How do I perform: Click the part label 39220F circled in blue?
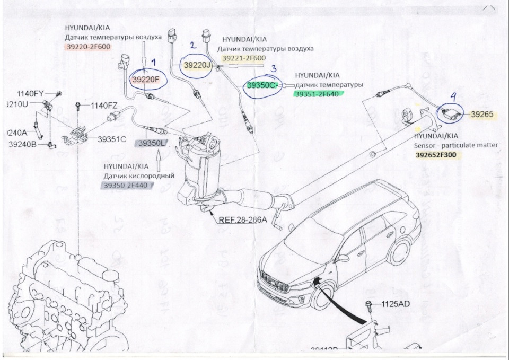pyautogui.click(x=146, y=80)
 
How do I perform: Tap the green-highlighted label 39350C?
pyautogui.click(x=261, y=85)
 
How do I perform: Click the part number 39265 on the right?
pyautogui.click(x=481, y=114)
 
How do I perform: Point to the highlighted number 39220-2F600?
pyautogui.click(x=88, y=47)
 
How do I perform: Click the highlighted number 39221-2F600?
pyautogui.click(x=244, y=58)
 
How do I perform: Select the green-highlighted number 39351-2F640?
pyautogui.click(x=317, y=94)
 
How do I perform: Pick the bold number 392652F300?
pyautogui.click(x=435, y=155)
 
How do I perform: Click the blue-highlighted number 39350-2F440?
pyautogui.click(x=125, y=185)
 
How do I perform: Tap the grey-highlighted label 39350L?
pyautogui.click(x=152, y=143)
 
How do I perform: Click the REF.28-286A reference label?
pyautogui.click(x=242, y=218)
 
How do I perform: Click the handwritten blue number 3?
pyautogui.click(x=273, y=68)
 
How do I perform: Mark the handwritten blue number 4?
pyautogui.click(x=453, y=97)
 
